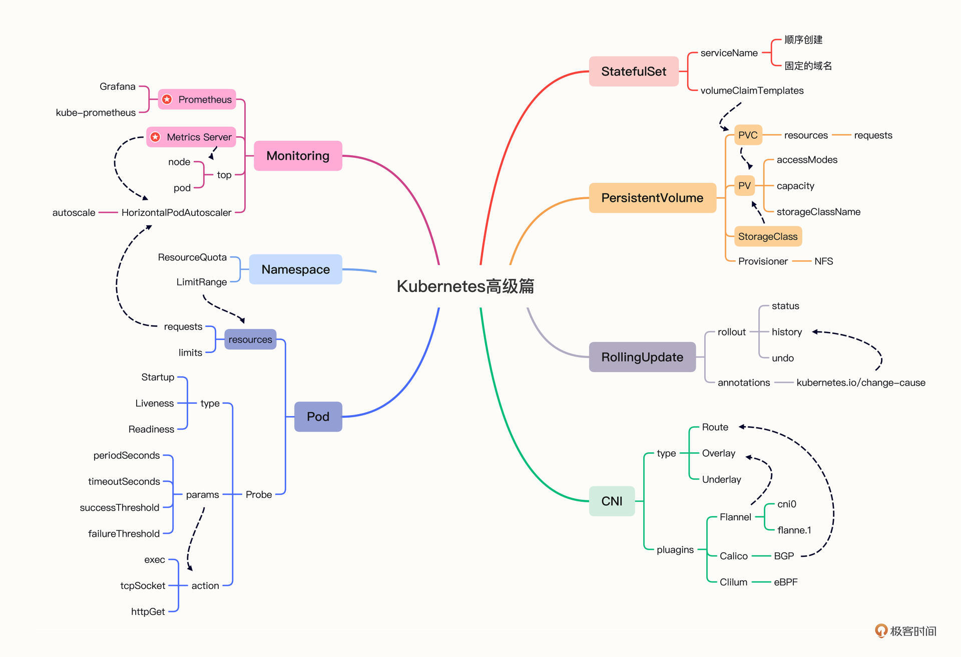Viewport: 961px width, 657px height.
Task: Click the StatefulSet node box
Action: [x=633, y=72]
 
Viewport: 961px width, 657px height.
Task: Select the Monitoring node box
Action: [x=298, y=156]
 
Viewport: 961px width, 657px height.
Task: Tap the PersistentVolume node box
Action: [x=652, y=198]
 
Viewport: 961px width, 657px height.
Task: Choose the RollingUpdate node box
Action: [x=642, y=357]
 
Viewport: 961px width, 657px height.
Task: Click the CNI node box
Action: [x=612, y=501]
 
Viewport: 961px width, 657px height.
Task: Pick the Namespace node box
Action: [x=295, y=269]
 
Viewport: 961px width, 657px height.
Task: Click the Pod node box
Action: [x=318, y=417]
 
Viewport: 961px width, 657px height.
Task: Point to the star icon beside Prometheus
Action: [x=167, y=100]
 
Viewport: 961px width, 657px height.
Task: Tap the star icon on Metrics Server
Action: [x=156, y=137]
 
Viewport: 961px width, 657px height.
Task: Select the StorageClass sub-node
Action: [x=767, y=236]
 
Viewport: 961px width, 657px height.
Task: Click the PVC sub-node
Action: [x=748, y=135]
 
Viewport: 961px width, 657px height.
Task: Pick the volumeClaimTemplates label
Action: [x=752, y=91]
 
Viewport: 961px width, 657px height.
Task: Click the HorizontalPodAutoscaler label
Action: [x=176, y=213]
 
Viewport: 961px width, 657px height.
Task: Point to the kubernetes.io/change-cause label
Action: [x=860, y=383]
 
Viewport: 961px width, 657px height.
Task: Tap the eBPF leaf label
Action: [x=785, y=582]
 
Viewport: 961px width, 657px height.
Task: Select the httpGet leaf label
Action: [x=148, y=611]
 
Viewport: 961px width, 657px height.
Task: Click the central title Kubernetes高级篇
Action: [x=465, y=286]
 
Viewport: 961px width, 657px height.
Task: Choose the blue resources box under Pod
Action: [x=250, y=340]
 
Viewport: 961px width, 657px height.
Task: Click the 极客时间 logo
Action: [x=905, y=631]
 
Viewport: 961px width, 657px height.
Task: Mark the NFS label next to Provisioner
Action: [x=823, y=261]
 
